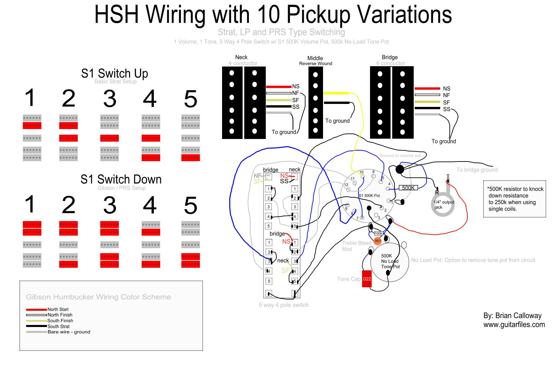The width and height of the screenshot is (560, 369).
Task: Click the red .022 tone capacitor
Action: click(367, 279)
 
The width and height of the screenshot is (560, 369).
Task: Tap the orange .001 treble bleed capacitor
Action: click(378, 241)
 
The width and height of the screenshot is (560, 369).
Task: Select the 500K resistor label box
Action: click(408, 188)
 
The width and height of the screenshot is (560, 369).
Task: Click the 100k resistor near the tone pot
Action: click(379, 234)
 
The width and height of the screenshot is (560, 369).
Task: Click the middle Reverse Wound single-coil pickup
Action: click(315, 103)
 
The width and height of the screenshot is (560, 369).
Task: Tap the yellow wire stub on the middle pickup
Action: click(336, 93)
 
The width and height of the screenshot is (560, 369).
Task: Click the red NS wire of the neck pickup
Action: click(279, 87)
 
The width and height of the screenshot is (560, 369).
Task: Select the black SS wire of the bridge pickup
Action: click(427, 108)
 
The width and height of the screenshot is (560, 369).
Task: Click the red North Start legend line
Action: click(36, 309)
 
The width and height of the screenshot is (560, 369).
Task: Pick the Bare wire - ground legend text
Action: click(69, 332)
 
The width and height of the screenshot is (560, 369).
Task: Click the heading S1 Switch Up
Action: click(115, 73)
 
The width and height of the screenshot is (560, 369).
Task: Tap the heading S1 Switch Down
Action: click(121, 179)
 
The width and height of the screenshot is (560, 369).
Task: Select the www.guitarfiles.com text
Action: click(514, 325)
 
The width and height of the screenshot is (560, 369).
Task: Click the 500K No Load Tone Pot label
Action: click(390, 261)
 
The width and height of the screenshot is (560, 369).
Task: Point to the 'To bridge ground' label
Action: click(477, 170)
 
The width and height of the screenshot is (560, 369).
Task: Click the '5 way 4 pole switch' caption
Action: click(284, 305)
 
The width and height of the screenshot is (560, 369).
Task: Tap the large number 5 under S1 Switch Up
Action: click(191, 99)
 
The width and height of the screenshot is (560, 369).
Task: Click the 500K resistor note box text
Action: click(514, 199)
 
